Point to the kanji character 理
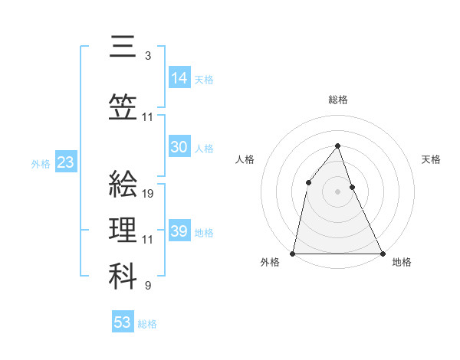click(123, 230)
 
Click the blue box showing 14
click(179, 78)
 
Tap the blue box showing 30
click(179, 148)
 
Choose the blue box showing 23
click(65, 162)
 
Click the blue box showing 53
click(123, 322)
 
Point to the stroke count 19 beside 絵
click(149, 193)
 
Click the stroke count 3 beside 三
click(147, 55)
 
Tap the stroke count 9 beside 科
click(147, 286)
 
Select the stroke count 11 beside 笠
click(148, 117)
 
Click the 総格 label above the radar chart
click(338, 100)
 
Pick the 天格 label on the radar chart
click(431, 159)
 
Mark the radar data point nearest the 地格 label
click(382, 253)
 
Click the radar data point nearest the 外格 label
click(293, 253)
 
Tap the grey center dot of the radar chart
click(337, 191)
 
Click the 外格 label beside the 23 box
click(41, 163)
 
